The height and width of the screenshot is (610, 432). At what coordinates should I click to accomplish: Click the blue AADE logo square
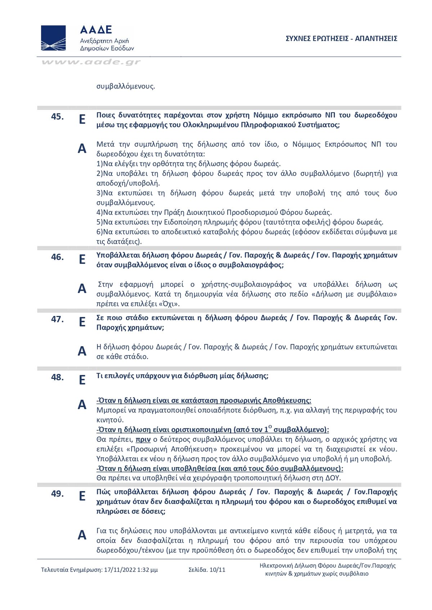click(x=53, y=38)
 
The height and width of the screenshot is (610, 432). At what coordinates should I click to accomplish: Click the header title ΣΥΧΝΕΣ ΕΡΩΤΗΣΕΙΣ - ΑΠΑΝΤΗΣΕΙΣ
click(x=341, y=39)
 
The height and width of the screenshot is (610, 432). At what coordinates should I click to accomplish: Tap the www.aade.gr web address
click(x=91, y=62)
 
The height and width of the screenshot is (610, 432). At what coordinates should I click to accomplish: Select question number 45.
click(x=57, y=116)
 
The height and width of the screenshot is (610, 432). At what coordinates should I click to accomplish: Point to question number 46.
click(x=57, y=257)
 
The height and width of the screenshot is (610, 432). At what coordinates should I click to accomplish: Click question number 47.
click(x=57, y=319)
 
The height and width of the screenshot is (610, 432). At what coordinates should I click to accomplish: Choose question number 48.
click(x=57, y=377)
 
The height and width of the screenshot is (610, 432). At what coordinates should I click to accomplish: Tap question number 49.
click(x=57, y=494)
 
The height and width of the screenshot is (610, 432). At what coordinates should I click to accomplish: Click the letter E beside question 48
click(x=82, y=380)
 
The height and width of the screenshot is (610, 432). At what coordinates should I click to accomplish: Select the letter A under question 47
click(x=82, y=351)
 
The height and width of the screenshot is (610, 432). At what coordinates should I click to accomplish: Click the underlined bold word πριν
click(x=143, y=439)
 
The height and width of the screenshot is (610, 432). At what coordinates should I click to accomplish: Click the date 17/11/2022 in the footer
click(x=120, y=570)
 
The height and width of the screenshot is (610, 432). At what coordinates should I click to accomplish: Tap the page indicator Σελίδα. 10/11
click(x=207, y=570)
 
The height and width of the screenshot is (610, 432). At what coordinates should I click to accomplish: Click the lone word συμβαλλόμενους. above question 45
click(x=126, y=86)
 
